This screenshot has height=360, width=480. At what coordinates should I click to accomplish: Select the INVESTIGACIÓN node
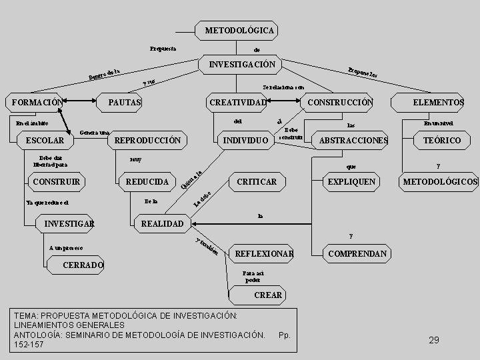pyautogui.click(x=241, y=65)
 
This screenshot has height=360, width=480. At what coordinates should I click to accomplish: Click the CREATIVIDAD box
pyautogui.click(x=237, y=102)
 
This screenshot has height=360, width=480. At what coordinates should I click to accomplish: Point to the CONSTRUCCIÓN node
pyautogui.click(x=339, y=102)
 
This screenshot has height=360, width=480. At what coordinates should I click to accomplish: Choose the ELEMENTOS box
pyautogui.click(x=438, y=102)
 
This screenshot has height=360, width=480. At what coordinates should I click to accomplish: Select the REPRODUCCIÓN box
pyautogui.click(x=147, y=141)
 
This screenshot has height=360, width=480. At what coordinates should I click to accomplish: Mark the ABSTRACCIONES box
pyautogui.click(x=353, y=141)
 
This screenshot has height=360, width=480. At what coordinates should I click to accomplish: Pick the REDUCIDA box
pyautogui.click(x=147, y=181)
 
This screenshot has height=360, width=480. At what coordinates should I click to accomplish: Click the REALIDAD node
pyautogui.click(x=162, y=223)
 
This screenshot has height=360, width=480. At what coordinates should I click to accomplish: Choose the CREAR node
pyautogui.click(x=268, y=295)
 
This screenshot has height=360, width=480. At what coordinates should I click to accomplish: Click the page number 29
pyautogui.click(x=434, y=340)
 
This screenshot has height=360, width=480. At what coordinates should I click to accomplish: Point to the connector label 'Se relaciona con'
pyautogui.click(x=284, y=87)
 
